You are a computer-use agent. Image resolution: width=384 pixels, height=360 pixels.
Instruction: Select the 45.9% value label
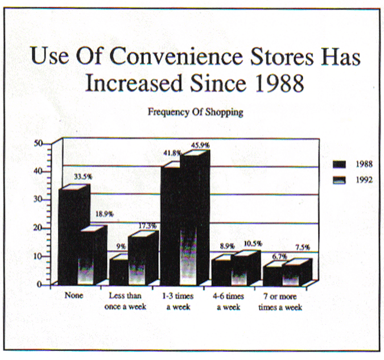(200, 145)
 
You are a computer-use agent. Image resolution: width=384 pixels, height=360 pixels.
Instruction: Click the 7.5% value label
(303, 247)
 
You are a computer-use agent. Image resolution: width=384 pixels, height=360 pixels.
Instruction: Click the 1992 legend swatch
(339, 180)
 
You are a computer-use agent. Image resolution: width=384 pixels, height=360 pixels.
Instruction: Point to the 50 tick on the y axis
(39, 143)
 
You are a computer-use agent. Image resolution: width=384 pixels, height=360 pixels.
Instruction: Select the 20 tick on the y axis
(39, 228)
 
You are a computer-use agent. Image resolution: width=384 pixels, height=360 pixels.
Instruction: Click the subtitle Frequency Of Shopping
(195, 112)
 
